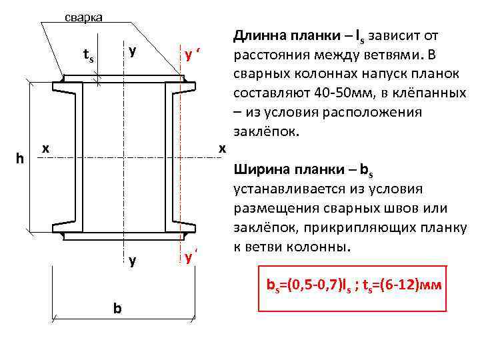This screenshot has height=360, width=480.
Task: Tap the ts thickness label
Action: coord(87,57)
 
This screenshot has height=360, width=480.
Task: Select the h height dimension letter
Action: coord(21,158)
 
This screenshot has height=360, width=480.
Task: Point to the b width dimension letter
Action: coord(117,309)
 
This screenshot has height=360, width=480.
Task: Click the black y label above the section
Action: coord(132,50)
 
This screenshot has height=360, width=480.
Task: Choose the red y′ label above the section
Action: coord(193,55)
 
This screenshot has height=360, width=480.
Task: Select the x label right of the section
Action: coord(223,147)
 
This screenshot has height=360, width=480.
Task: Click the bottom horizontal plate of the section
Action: coord(131,234)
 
